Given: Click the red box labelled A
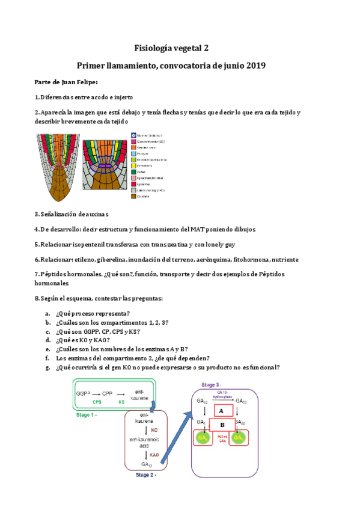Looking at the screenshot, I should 221,410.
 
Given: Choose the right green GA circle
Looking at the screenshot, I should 239,440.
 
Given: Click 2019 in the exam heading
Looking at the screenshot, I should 253,65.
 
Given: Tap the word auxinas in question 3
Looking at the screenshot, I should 96,214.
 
